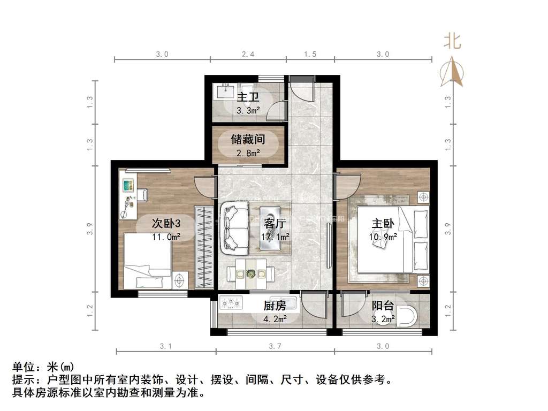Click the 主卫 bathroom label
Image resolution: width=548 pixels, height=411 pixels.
coord(248,97)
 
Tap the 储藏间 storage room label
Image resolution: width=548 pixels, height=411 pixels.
coord(248,140)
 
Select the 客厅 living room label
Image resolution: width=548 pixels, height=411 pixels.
coord(275,223)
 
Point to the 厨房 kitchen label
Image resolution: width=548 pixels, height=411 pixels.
coord(275,306)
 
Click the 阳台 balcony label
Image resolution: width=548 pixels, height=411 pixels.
coord(383,306)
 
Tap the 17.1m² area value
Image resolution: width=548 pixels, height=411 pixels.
coord(275,237)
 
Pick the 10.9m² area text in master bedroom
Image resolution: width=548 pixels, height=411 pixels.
coord(383,237)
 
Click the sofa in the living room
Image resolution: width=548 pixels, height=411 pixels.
coord(234,228)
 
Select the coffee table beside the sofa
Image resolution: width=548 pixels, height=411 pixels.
coord(276,229)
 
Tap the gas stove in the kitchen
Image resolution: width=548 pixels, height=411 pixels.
coord(231,303)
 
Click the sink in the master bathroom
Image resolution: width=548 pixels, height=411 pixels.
coord(225,91)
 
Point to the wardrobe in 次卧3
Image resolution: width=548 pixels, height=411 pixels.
coord(204,247)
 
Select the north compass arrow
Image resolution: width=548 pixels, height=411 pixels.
coord(452,72)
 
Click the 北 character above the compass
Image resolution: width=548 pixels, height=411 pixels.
coord(453,41)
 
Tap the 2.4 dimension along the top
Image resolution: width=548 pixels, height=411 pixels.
coord(248,54)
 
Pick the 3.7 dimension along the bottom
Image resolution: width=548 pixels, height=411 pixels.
coord(275,346)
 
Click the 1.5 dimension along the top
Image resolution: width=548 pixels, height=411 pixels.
coord(310,54)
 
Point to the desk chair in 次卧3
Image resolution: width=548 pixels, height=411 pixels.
coord(142,195)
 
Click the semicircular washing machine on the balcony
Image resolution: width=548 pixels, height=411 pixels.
coord(407,316)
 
